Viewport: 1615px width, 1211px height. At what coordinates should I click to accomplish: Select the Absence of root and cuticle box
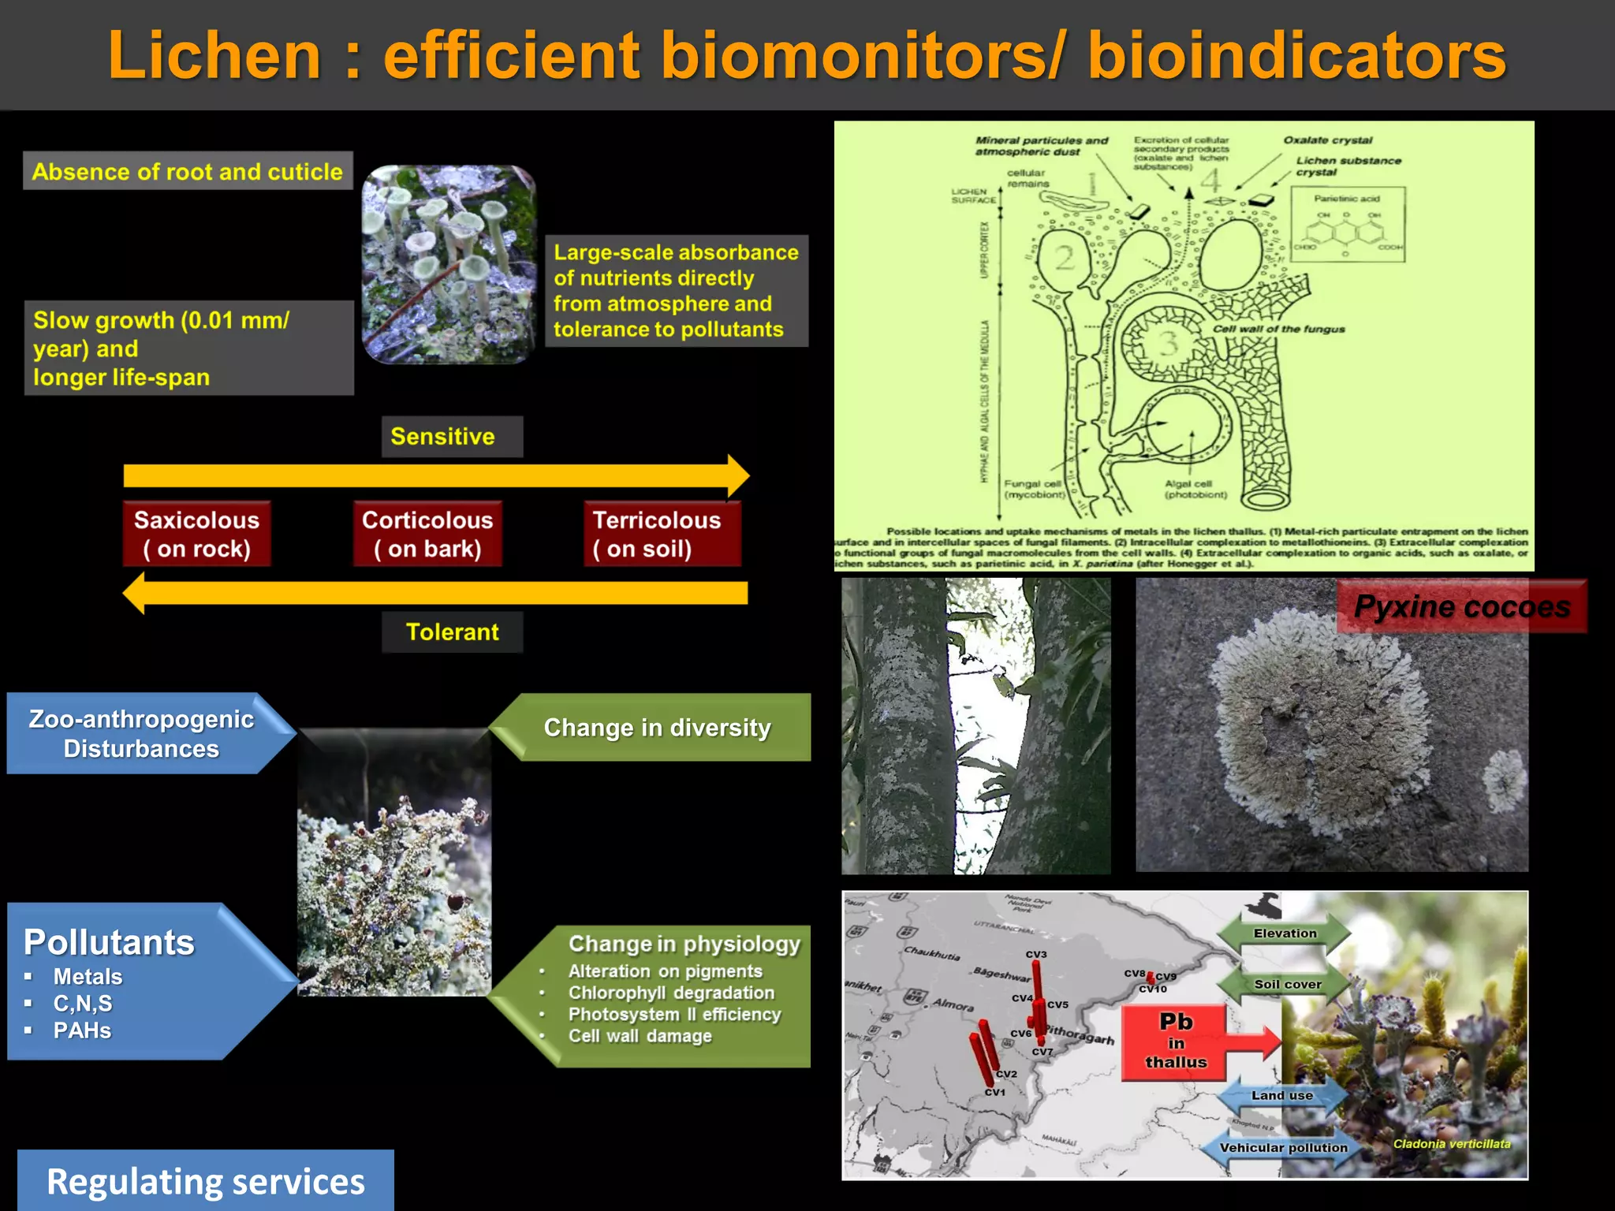click(188, 172)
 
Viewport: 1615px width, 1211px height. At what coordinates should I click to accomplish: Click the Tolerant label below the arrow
click(452, 632)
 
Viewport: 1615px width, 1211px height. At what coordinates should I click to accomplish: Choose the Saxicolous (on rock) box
click(196, 534)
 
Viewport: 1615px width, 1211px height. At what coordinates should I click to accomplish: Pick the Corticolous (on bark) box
click(427, 534)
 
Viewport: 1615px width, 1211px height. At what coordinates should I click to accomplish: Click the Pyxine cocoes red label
click(1461, 606)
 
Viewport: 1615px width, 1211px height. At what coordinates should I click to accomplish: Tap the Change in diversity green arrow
click(656, 727)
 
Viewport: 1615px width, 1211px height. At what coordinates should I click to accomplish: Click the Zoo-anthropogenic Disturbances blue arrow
click(142, 733)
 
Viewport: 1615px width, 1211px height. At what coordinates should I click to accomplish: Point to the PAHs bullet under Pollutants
click(82, 1030)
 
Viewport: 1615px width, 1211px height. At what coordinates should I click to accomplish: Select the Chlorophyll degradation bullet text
click(671, 993)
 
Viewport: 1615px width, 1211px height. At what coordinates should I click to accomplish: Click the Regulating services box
click(205, 1181)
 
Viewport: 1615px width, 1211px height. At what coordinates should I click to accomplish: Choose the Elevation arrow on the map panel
click(1284, 933)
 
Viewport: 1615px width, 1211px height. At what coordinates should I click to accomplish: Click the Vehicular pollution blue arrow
click(1283, 1147)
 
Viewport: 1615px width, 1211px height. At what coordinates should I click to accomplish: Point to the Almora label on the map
click(953, 1004)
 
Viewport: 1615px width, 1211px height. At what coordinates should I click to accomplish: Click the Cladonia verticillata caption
click(1451, 1143)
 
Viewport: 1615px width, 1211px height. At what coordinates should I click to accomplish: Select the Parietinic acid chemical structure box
click(1347, 224)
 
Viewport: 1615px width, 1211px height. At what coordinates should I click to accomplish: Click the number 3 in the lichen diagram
click(1168, 342)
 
